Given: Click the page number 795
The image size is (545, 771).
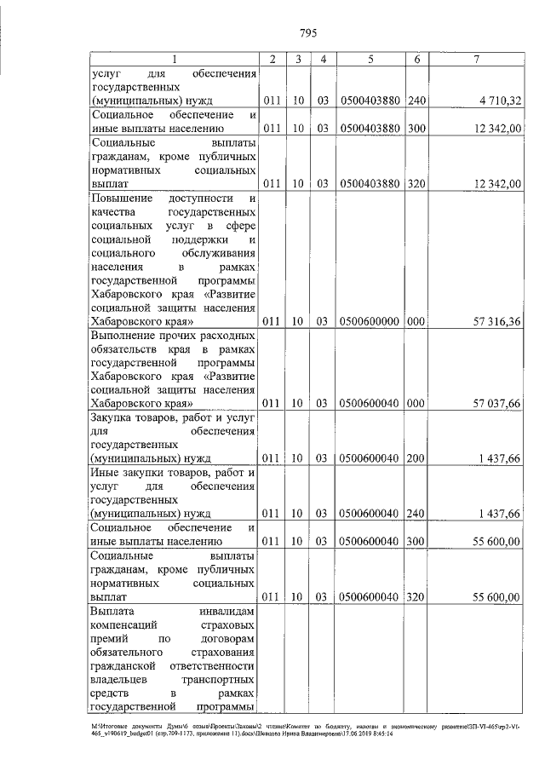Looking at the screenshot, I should point(308,33).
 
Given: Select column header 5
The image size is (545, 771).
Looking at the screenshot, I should point(370,59).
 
